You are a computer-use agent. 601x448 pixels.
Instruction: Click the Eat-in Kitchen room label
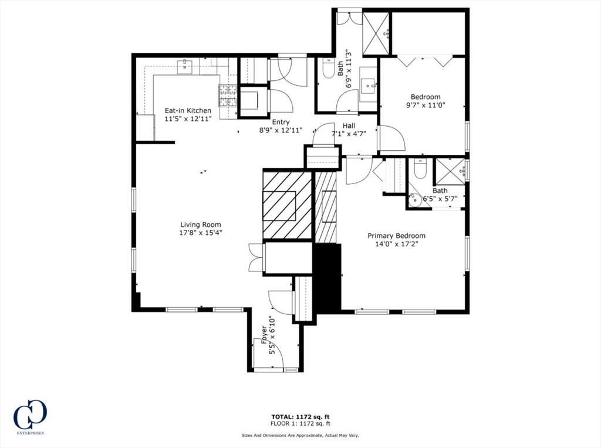tap(187, 110)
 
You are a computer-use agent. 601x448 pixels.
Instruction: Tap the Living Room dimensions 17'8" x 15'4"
tap(201, 233)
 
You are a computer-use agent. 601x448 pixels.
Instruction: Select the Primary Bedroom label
tap(396, 236)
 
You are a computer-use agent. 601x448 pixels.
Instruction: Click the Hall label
tap(349, 125)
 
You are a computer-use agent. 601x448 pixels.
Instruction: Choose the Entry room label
tap(280, 122)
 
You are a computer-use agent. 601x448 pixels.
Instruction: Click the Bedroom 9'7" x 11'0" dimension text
tap(426, 106)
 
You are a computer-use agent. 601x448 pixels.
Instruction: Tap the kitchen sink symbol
tap(185, 66)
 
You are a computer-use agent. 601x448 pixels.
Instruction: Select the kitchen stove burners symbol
tap(228, 96)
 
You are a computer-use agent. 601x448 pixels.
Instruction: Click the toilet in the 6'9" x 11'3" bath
tap(328, 69)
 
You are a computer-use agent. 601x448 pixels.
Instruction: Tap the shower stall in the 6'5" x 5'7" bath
tap(449, 171)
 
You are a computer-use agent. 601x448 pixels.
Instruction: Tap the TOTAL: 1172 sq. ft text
tap(300, 416)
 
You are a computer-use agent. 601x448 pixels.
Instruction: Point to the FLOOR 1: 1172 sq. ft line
tap(300, 423)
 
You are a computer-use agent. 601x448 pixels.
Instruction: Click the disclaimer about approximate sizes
tap(300, 435)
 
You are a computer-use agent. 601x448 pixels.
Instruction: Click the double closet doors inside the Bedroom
tap(425, 60)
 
